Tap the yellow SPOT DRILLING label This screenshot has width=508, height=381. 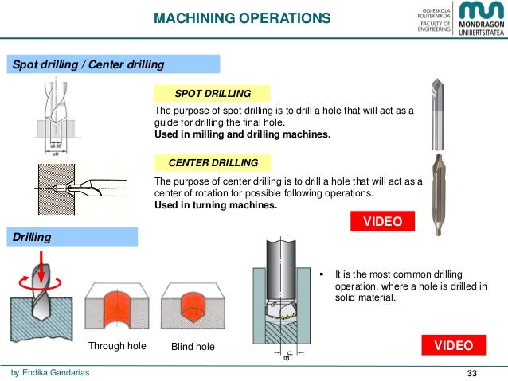(x=213, y=94)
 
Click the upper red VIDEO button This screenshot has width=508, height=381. (x=383, y=221)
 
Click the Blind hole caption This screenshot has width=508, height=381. (x=193, y=347)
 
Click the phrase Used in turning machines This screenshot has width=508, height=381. (x=216, y=205)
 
